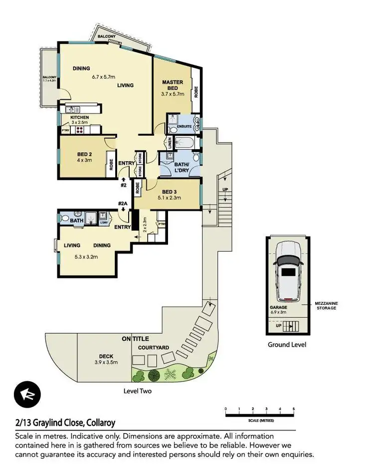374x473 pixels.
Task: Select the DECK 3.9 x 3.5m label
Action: tap(106, 359)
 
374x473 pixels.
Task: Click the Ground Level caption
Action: tap(287, 344)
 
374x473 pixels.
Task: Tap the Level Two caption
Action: tap(137, 391)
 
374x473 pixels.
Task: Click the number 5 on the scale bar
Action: tap(294, 409)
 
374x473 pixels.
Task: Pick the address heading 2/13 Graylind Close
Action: tap(65, 423)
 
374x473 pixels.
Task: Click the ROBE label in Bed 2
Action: tap(111, 165)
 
